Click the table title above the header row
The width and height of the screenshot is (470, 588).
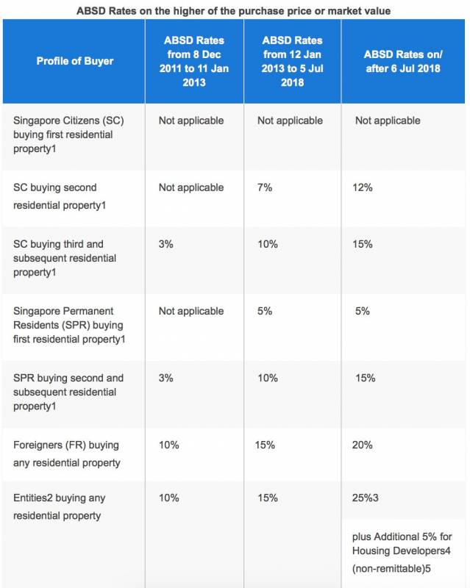point(234,10)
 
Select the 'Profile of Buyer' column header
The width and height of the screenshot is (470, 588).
point(75,61)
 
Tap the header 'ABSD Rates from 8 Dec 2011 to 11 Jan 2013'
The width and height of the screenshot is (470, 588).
point(194,61)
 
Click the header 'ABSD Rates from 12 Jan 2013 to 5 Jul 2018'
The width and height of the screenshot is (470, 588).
point(292,61)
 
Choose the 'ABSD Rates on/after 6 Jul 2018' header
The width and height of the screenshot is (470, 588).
point(405,61)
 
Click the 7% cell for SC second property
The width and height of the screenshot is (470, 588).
point(265,187)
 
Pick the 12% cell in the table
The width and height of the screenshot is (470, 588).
point(363,187)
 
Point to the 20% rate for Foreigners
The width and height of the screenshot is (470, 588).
point(363,445)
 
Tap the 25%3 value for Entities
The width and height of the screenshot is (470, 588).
point(366,498)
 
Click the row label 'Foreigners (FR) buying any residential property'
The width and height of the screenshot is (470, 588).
point(66,453)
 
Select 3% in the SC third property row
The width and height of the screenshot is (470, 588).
point(166,244)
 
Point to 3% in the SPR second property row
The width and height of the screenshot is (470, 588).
point(166,378)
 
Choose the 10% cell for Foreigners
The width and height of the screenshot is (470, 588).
point(169,445)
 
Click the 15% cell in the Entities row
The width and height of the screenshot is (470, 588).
point(268,498)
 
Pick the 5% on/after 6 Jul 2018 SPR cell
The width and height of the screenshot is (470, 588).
point(363,311)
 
